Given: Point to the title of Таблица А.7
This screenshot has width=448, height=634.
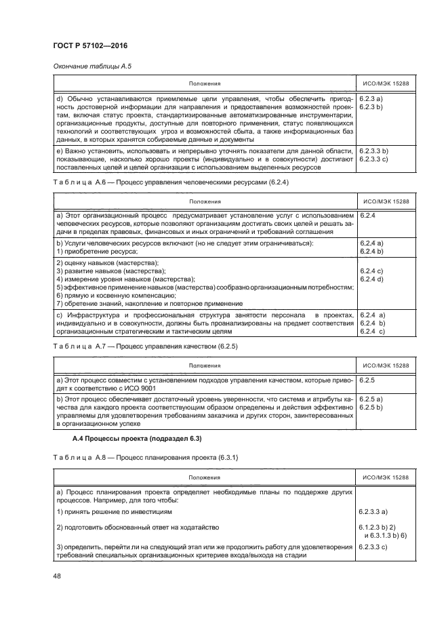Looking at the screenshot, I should pos(145,346).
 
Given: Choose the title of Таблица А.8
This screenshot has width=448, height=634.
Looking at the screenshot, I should pos(144,459).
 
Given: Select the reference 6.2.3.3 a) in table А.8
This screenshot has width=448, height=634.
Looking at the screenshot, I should pos(372,511).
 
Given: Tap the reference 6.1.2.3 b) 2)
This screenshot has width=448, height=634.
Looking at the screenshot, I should pos(378,527).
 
